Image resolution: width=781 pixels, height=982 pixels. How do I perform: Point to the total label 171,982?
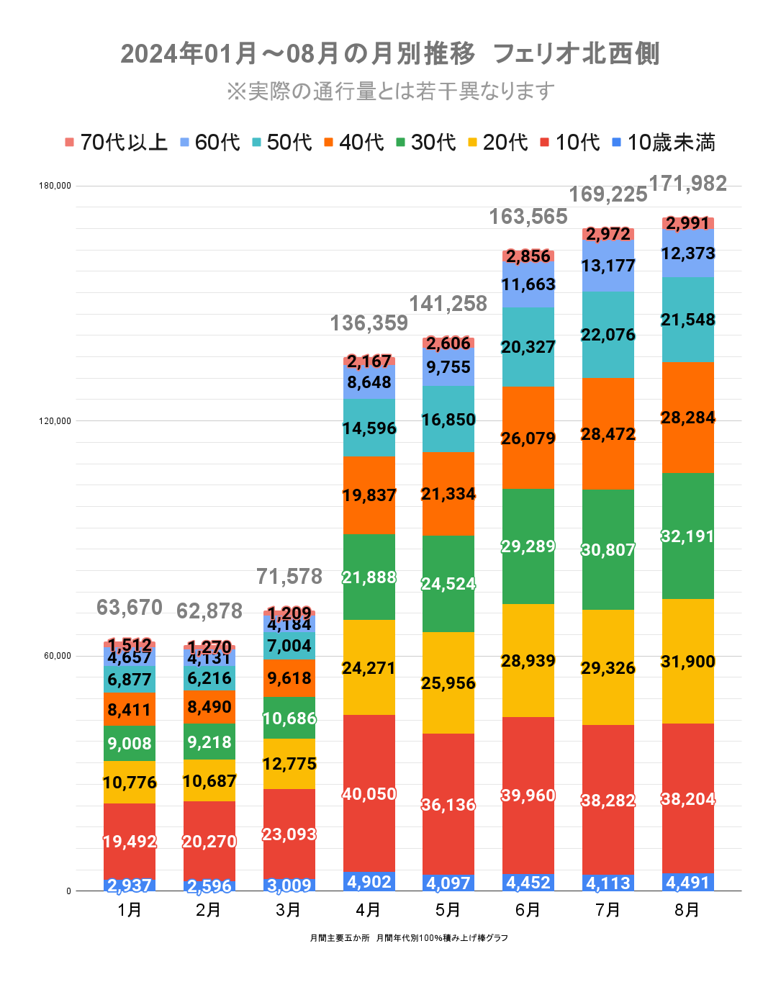(x=688, y=184)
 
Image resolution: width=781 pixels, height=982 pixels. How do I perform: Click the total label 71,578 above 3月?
(x=289, y=577)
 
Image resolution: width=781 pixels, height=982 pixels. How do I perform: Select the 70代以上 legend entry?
(x=116, y=143)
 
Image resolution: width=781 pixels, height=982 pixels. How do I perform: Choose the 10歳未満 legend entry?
(x=663, y=143)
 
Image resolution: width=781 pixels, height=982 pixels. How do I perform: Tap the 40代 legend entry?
(x=353, y=143)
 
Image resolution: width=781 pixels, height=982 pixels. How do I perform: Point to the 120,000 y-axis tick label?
(x=55, y=421)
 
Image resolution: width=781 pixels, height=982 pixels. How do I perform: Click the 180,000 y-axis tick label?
(x=55, y=186)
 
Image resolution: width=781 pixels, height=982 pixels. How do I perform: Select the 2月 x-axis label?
(x=209, y=910)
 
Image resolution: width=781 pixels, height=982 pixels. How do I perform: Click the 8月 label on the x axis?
(x=687, y=910)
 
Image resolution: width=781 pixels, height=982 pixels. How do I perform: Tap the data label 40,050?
(x=369, y=794)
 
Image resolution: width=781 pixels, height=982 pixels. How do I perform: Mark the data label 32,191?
(x=688, y=536)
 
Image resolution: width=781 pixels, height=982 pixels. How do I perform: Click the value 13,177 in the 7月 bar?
(x=608, y=266)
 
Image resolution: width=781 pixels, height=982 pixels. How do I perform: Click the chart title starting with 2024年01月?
(x=389, y=54)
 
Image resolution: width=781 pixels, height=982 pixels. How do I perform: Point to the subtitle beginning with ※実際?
(x=390, y=91)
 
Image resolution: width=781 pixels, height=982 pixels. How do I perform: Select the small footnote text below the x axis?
(x=409, y=938)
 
